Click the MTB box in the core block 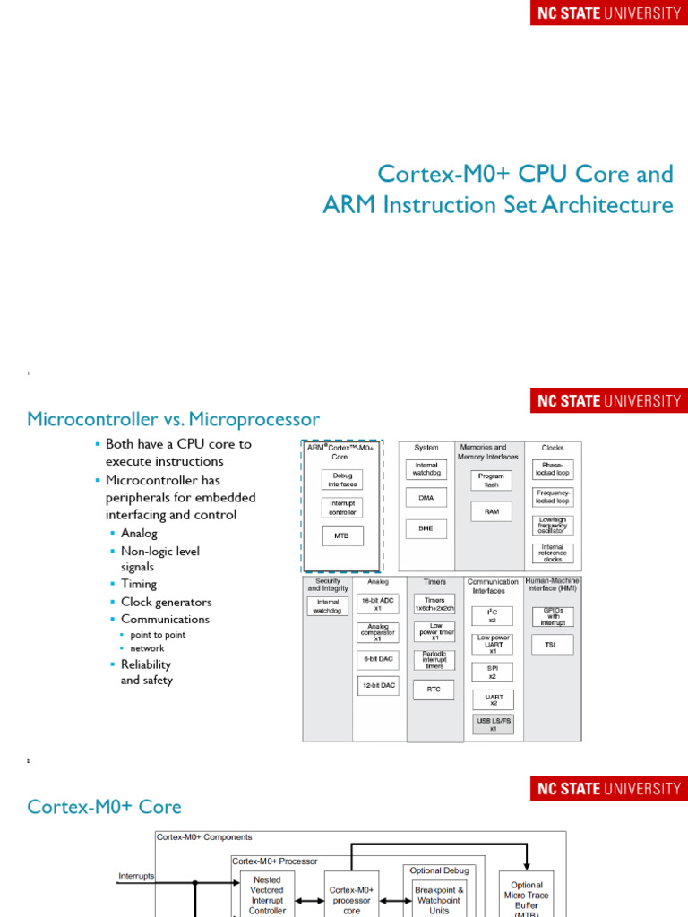[342, 536]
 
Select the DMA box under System [426, 497]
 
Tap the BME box [426, 528]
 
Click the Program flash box [491, 481]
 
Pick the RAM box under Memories [491, 511]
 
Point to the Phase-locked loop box [552, 469]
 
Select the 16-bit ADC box [377, 604]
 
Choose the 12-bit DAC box [377, 686]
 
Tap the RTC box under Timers [434, 690]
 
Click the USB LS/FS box [493, 724]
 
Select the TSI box [552, 644]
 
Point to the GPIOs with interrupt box [552, 616]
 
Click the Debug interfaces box [342, 479]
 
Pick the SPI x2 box [493, 672]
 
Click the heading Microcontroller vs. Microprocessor [173, 419]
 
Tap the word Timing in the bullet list [139, 584]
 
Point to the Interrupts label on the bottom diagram [136, 876]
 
